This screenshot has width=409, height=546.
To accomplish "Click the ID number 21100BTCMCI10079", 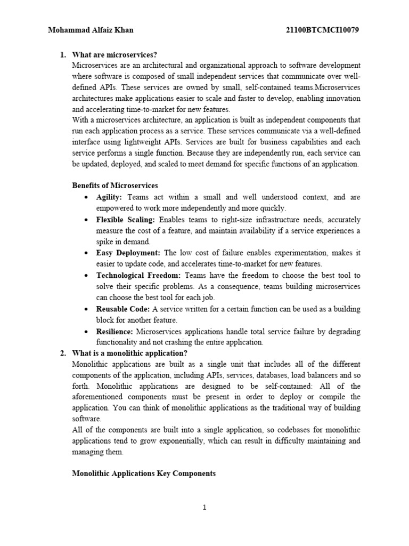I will (323, 30).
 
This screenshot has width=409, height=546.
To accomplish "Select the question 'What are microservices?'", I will (114, 55).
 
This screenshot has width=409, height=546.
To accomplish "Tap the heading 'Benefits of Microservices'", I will (115, 186).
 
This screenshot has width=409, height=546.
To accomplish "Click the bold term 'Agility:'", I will (109, 197).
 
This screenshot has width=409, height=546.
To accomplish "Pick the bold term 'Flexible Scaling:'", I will (126, 220).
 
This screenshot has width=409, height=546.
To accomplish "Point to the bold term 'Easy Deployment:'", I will (128, 253).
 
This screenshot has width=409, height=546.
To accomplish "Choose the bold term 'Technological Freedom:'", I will (138, 276).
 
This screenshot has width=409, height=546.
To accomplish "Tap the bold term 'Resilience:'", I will (114, 331).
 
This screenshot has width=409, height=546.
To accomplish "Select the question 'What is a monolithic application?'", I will (129, 353).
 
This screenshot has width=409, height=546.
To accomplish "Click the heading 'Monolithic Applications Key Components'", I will (144, 473).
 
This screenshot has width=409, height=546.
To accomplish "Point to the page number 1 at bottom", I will (204, 508).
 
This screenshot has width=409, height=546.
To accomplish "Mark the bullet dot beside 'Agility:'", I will (87, 198).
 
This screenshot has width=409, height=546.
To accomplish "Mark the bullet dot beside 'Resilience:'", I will (87, 332).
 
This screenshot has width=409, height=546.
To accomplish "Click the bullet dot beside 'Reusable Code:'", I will (87, 309).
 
